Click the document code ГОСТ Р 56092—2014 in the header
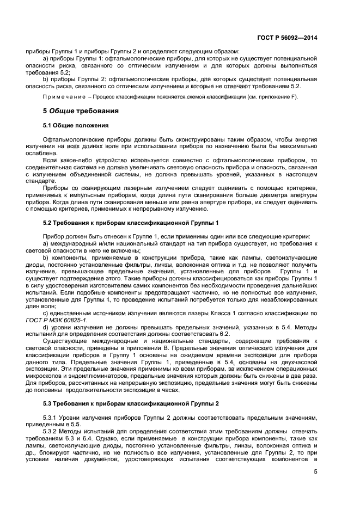(x=287, y=38)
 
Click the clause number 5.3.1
(x=51, y=417)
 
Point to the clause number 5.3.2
(x=51, y=430)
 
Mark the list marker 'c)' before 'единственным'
(x=45, y=313)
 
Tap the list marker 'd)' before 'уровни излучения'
(x=45, y=327)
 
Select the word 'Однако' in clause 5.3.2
(x=112, y=437)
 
